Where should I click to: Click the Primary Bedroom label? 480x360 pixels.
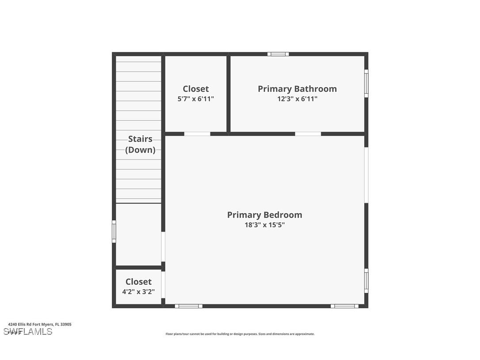pyautogui.click(x=264, y=215)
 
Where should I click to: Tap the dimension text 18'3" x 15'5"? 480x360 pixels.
pyautogui.click(x=264, y=225)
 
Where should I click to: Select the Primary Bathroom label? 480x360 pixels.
pyautogui.click(x=297, y=89)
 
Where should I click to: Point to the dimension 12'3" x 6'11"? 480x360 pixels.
pyautogui.click(x=297, y=99)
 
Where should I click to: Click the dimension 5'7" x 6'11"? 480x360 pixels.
pyautogui.click(x=195, y=99)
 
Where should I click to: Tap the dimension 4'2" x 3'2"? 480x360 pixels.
pyautogui.click(x=138, y=292)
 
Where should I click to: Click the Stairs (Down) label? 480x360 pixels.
pyautogui.click(x=140, y=144)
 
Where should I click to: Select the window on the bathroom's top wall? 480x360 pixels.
pyautogui.click(x=278, y=54)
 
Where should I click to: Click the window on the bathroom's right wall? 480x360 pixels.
pyautogui.click(x=366, y=83)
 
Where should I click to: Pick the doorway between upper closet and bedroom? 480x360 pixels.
pyautogui.click(x=197, y=134)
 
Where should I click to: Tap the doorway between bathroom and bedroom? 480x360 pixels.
pyautogui.click(x=308, y=134)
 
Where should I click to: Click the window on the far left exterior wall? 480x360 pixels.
pyautogui.click(x=114, y=231)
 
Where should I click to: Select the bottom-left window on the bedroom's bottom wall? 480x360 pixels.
pyautogui.click(x=189, y=306)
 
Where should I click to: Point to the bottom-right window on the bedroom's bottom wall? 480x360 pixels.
pyautogui.click(x=344, y=306)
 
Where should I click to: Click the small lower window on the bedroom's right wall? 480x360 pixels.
pyautogui.click(x=366, y=281)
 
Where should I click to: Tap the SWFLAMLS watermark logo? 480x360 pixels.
pyautogui.click(x=27, y=332)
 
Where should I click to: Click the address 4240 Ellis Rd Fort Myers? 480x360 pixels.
pyautogui.click(x=39, y=324)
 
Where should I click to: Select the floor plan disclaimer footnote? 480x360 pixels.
pyautogui.click(x=240, y=334)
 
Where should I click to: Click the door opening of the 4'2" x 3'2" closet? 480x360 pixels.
pyautogui.click(x=163, y=284)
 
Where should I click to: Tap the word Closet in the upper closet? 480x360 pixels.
pyautogui.click(x=195, y=89)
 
